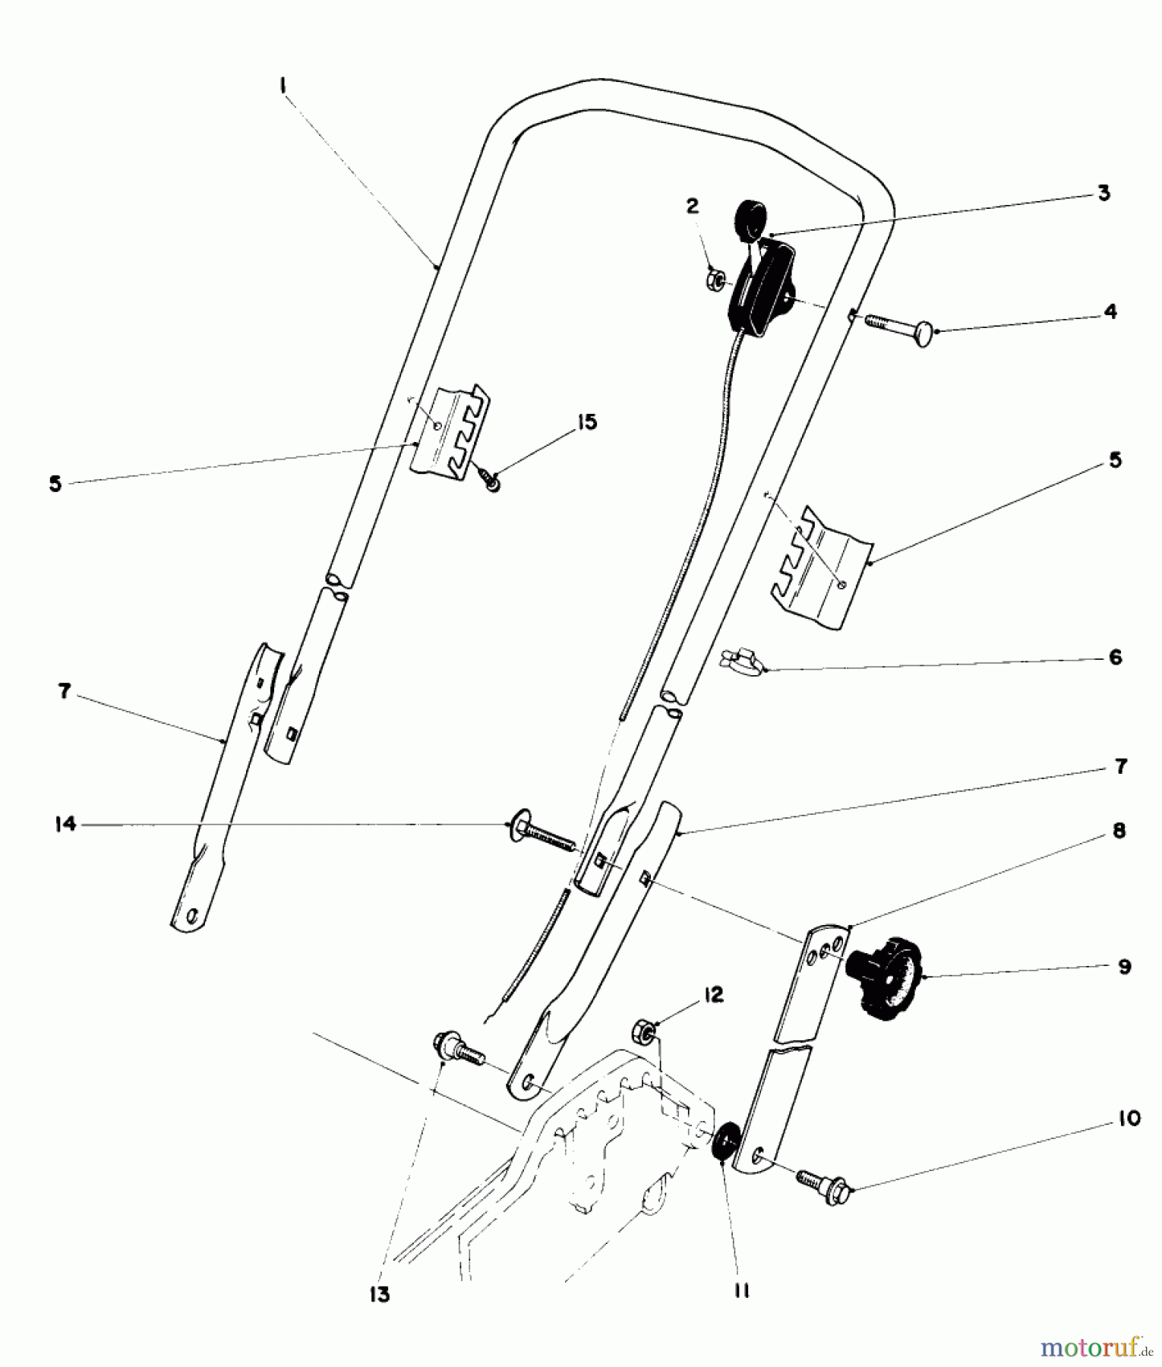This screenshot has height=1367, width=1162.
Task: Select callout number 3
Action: point(1104,193)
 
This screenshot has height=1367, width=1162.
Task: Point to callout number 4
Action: point(1110,311)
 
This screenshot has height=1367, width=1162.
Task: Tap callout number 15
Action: point(586,422)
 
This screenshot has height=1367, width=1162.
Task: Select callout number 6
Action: point(1115,657)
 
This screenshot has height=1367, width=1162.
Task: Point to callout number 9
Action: point(1124,967)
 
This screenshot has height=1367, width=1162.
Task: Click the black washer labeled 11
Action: point(721,1139)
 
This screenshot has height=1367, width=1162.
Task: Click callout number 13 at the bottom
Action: point(380,1294)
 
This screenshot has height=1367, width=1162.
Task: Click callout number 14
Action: point(66,823)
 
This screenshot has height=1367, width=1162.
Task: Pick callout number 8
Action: point(1119,831)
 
